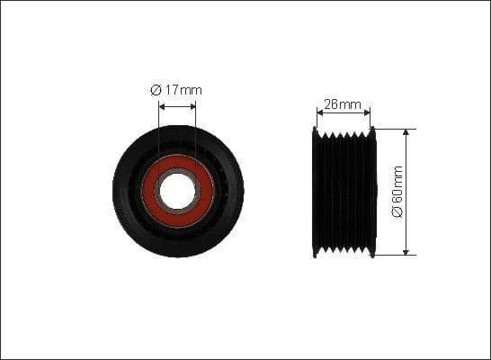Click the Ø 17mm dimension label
(x=176, y=90)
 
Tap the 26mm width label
(x=343, y=104)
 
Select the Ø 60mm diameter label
(x=397, y=192)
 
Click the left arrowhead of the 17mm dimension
(x=162, y=105)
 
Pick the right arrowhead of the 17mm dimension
(x=192, y=105)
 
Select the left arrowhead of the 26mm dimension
(x=320, y=113)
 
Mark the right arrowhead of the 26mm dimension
(x=367, y=113)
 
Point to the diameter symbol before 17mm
(x=155, y=90)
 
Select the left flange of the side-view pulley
(x=316, y=192)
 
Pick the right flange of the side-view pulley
(x=371, y=192)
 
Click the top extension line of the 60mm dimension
(x=396, y=128)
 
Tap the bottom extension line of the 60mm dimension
(x=396, y=255)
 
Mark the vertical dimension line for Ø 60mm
(x=406, y=162)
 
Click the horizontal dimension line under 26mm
(x=344, y=113)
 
